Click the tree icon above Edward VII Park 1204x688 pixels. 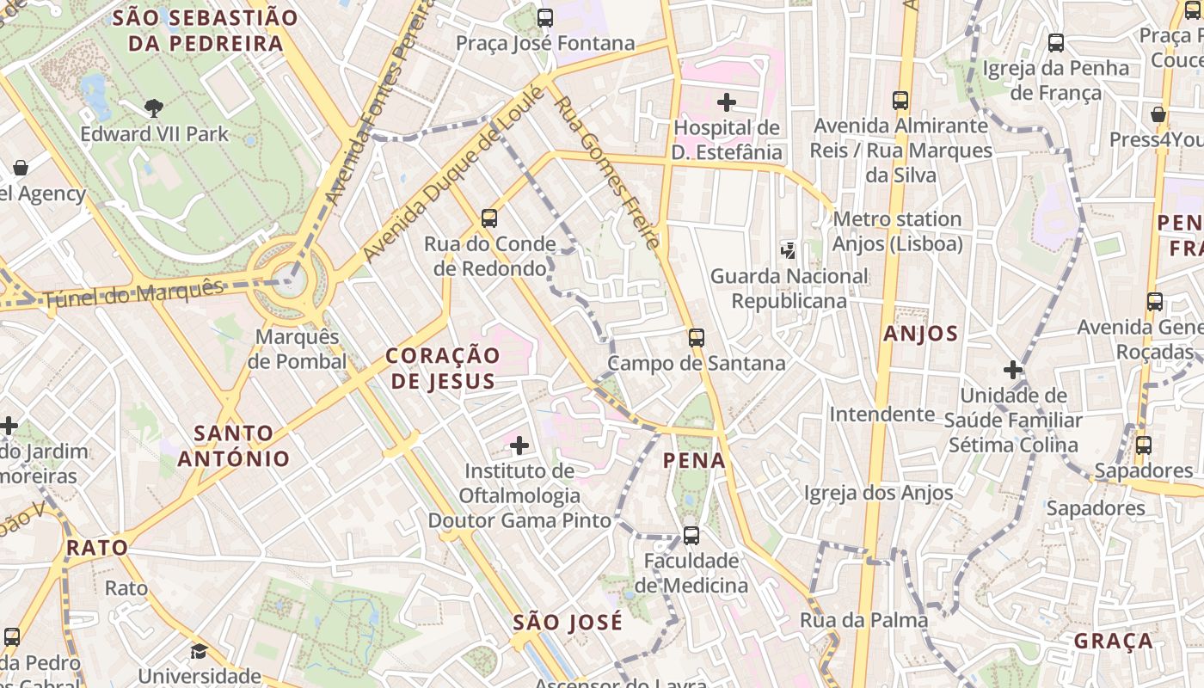(153, 107)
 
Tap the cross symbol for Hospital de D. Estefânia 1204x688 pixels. (727, 102)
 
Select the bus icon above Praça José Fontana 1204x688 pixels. (544, 17)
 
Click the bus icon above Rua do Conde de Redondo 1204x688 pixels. (489, 218)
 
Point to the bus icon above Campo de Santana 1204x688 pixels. (697, 338)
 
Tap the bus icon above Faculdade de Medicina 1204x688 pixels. (691, 536)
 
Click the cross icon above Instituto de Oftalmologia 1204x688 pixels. (519, 445)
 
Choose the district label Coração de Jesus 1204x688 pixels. (442, 368)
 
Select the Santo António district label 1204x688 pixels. (234, 445)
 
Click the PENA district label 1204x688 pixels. (695, 461)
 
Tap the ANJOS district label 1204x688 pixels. (920, 334)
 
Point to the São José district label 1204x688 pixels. (568, 622)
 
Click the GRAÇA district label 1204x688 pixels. (1114, 641)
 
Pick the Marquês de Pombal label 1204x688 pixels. (298, 348)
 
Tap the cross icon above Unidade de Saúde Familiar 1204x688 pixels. (1013, 371)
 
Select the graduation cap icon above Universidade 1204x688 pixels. (199, 651)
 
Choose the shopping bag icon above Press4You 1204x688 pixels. (1158, 114)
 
